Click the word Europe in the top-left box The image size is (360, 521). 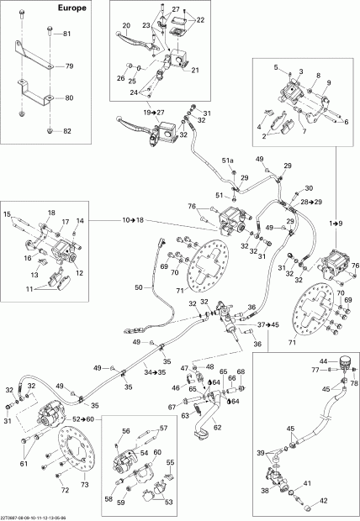[x=24, y=9]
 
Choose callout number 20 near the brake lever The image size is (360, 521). [x=125, y=25]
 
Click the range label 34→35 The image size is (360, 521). [x=152, y=371]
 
